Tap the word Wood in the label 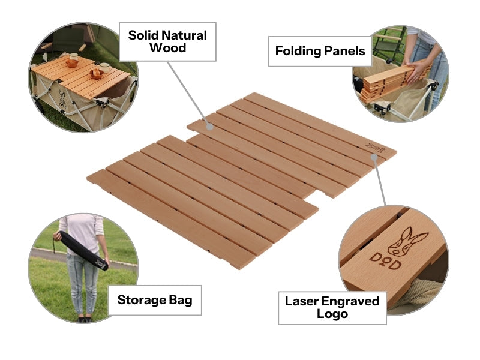167,48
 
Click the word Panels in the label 344,51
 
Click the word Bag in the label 181,300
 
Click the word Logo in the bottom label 332,314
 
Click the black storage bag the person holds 82,251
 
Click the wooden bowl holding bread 96,74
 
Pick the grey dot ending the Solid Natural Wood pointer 209,126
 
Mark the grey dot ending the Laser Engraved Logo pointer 374,157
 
